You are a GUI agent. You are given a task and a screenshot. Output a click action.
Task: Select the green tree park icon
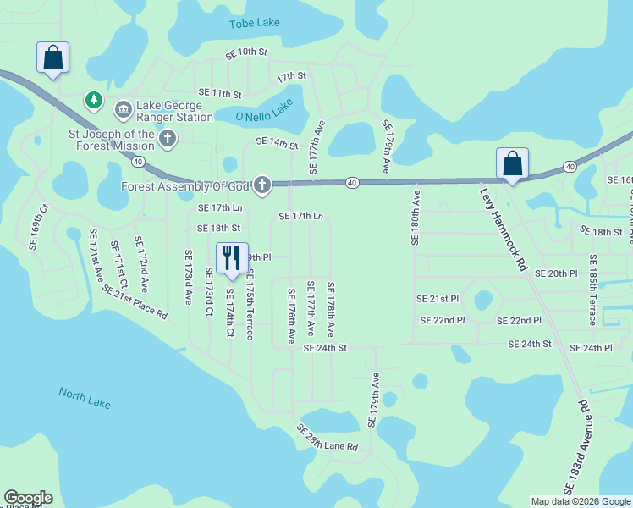pyautogui.click(x=93, y=102)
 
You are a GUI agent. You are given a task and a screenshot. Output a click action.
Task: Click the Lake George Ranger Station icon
pyautogui.click(x=123, y=108)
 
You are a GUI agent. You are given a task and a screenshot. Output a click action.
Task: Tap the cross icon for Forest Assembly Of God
pyautogui.click(x=262, y=185)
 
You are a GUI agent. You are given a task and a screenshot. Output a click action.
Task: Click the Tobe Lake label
pyautogui.click(x=254, y=24)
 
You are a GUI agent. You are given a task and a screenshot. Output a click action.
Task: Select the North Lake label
pyautogui.click(x=84, y=398)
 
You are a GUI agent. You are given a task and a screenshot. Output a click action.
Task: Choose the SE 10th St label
pyautogui.click(x=246, y=52)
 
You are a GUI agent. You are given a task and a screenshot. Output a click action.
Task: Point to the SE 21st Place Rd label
pyautogui.click(x=135, y=301)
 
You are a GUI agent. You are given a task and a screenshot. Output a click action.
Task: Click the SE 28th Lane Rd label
pyautogui.click(x=328, y=439)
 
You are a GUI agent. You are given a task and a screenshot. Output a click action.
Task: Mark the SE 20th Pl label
pyautogui.click(x=556, y=273)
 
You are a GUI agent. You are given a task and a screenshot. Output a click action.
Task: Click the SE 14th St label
pyautogui.click(x=277, y=142)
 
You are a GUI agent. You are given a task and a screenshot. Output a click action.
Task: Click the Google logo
pyautogui.click(x=28, y=498)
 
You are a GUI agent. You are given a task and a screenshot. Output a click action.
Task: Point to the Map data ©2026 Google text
pyautogui.click(x=581, y=501)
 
